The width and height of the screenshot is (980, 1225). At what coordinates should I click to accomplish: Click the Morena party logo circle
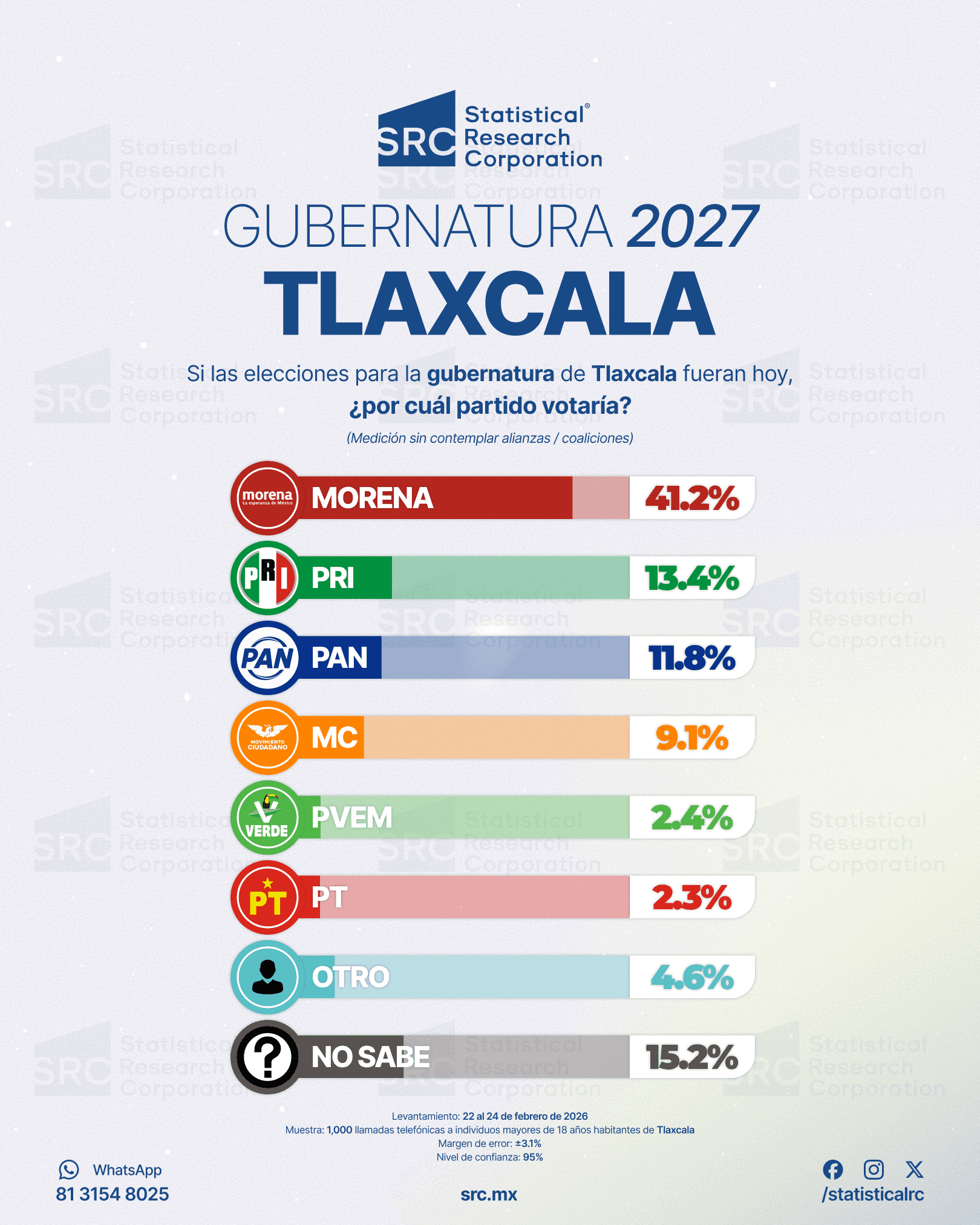pos(267,498)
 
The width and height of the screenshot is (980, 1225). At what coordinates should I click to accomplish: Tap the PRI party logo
pos(267,578)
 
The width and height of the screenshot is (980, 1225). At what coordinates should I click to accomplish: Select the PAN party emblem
pos(267,658)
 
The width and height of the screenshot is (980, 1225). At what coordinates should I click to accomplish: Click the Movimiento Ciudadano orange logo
pos(267,737)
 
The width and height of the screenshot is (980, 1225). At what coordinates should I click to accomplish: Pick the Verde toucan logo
pos(267,817)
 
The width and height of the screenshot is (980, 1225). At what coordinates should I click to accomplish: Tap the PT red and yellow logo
pos(267,897)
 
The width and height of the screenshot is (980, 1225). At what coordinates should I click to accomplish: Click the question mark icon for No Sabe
pos(267,1057)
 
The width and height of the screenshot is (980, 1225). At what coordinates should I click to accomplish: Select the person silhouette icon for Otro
pos(267,977)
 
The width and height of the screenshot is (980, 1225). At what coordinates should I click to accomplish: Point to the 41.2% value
pos(692,498)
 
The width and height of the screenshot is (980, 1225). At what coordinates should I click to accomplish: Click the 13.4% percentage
pos(692,578)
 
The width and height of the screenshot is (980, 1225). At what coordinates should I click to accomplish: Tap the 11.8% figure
pos(692,658)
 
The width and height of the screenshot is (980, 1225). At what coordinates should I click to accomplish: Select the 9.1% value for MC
pos(692,738)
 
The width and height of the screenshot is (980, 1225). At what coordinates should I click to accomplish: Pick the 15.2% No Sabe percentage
pos(692,1057)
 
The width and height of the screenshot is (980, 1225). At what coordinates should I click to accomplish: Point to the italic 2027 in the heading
pos(692,226)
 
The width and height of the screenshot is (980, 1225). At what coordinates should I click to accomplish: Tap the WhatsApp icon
pos(69,1170)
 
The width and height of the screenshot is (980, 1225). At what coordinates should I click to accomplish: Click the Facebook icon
pos(833,1170)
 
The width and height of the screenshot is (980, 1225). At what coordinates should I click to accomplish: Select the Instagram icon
pos(874,1170)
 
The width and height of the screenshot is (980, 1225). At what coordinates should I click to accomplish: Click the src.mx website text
pos(489,1195)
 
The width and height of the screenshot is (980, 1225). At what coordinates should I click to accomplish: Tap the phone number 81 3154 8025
pos(113,1194)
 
